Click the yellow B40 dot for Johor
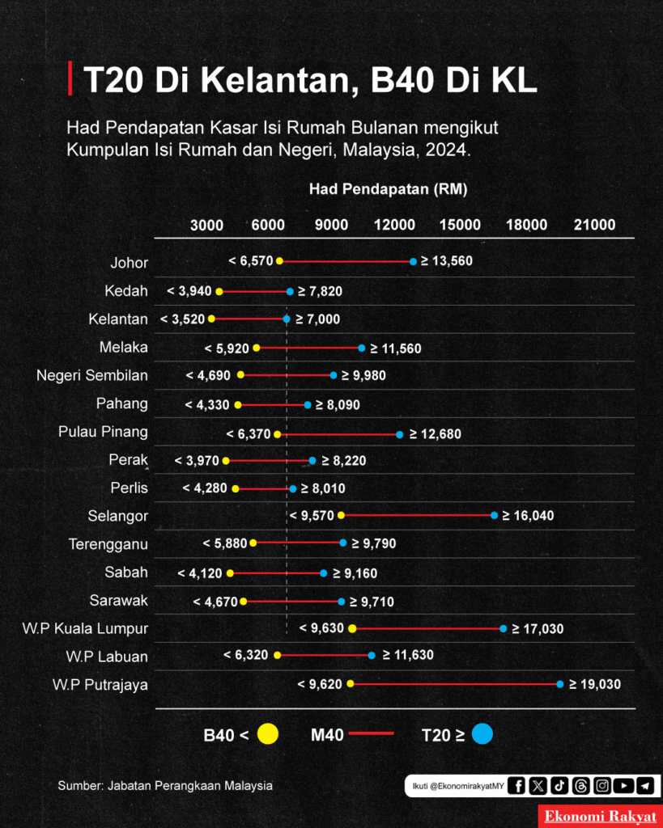click(x=279, y=261)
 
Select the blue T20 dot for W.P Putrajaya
click(x=560, y=684)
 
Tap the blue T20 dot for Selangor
click(x=495, y=515)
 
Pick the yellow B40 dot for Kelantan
click(x=211, y=319)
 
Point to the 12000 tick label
click(x=394, y=225)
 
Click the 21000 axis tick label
click(x=595, y=225)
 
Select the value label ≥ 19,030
click(x=595, y=684)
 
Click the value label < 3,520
click(x=182, y=319)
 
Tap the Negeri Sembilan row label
click(x=92, y=375)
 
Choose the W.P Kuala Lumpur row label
click(x=85, y=629)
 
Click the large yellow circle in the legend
click(x=268, y=734)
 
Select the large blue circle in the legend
click(x=482, y=734)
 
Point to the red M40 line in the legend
click(x=372, y=733)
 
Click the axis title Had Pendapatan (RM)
click(x=388, y=189)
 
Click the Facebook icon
click(x=516, y=786)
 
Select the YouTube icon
click(x=624, y=786)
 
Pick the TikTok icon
click(x=559, y=786)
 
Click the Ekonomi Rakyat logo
click(x=601, y=817)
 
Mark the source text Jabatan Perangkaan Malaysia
click(x=190, y=786)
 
